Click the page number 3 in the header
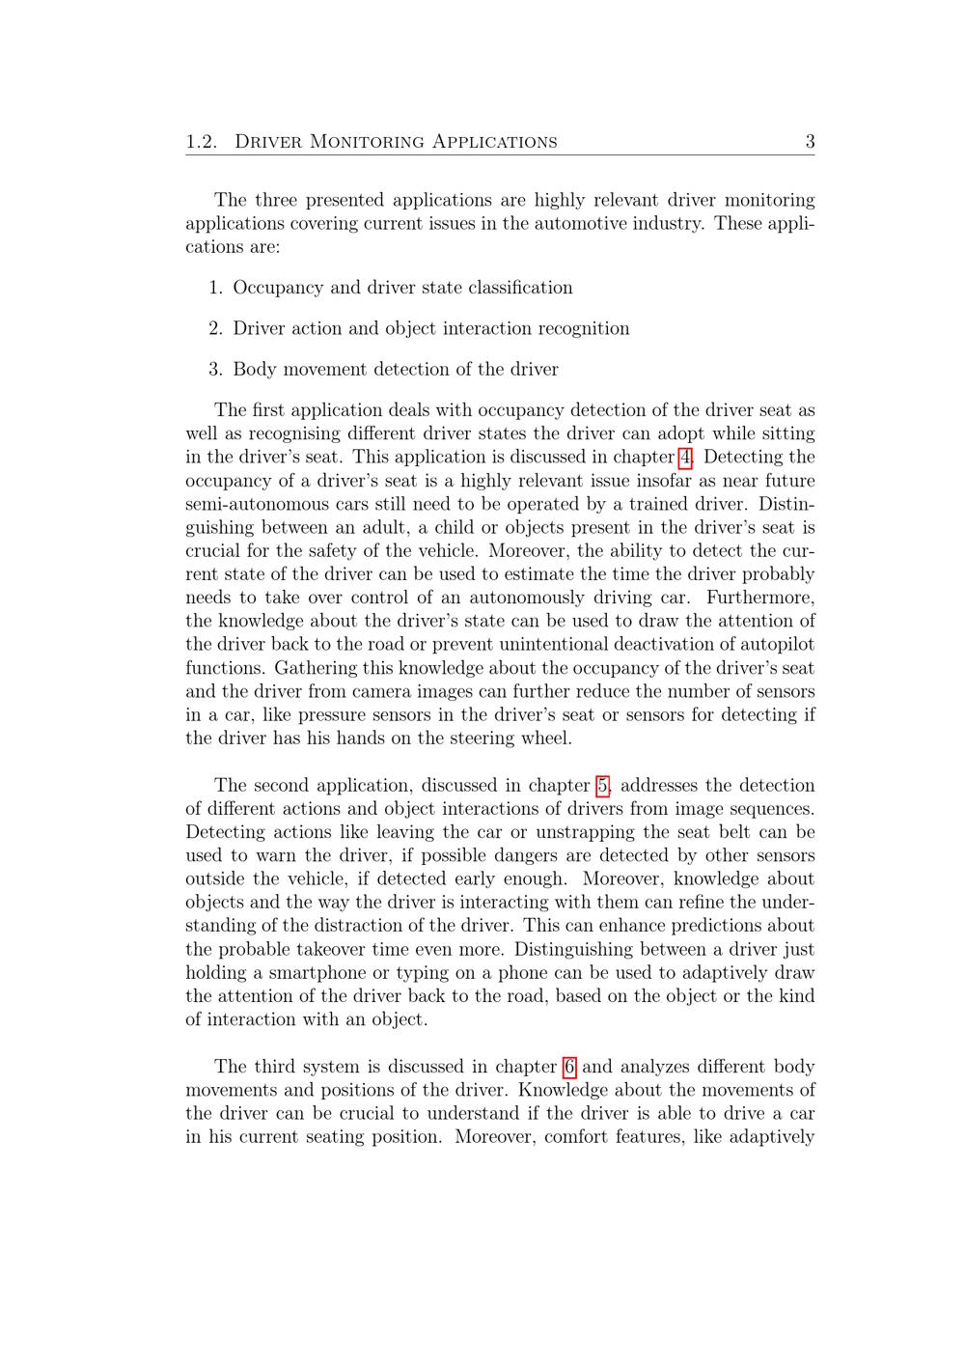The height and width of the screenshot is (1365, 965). point(810,142)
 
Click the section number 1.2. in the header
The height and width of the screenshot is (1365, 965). point(202,142)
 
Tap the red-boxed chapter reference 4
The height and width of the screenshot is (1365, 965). point(685,458)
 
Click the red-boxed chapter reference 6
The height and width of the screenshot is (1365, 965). point(569,1067)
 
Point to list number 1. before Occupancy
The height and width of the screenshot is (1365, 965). point(216,288)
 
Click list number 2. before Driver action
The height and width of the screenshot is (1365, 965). point(216,328)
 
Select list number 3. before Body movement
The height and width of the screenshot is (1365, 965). point(216,369)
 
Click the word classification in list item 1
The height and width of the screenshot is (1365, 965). point(520,288)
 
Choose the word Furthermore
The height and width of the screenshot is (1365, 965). point(760,599)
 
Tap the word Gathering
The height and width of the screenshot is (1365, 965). point(314,668)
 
